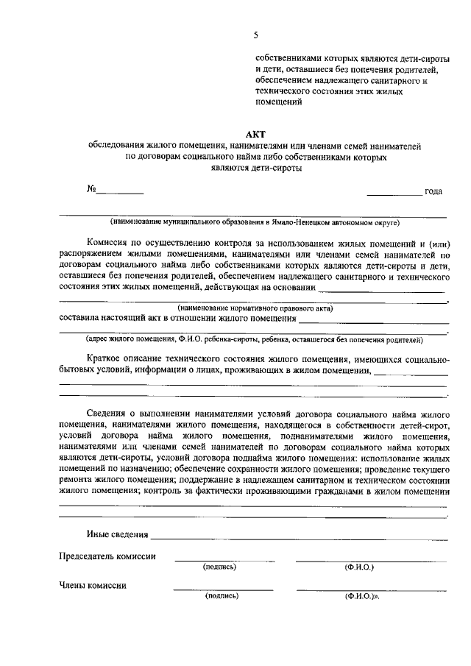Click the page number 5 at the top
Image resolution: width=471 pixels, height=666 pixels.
255,35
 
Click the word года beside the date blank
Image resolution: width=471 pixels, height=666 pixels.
433,191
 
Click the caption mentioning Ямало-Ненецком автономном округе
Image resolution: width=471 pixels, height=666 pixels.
255,222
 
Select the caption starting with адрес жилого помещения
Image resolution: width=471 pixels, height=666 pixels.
255,339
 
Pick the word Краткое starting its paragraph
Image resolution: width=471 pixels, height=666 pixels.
103,358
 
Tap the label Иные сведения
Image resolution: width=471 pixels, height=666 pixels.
117,534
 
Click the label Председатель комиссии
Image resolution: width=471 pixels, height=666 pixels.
107,556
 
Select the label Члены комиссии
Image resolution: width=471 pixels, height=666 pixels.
92,586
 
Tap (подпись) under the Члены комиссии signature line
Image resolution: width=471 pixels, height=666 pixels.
222,597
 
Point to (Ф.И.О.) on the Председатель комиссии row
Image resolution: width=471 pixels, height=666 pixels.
359,567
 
